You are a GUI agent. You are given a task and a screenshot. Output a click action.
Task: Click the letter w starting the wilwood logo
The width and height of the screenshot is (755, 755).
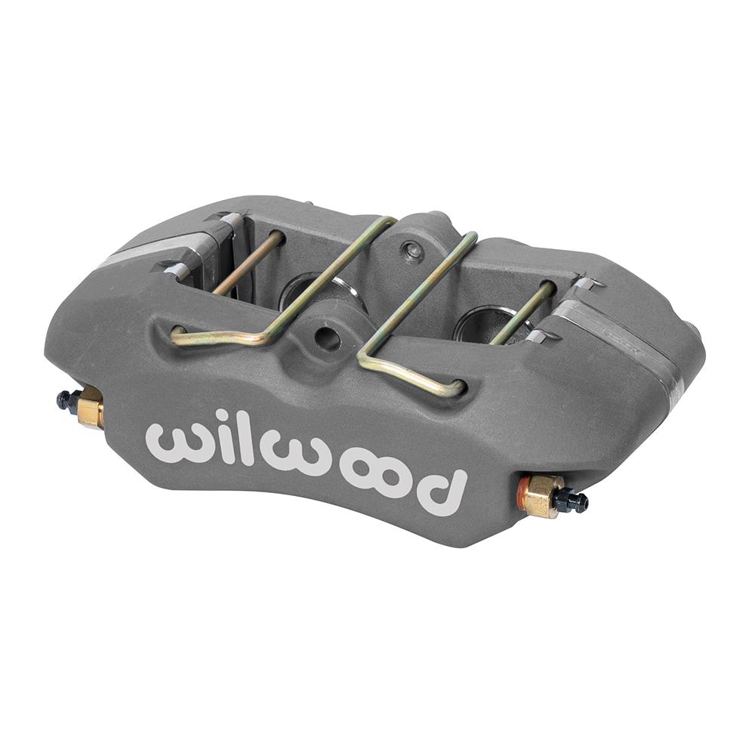point(176,440)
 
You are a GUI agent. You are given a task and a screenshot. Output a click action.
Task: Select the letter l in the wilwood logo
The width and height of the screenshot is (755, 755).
point(249,441)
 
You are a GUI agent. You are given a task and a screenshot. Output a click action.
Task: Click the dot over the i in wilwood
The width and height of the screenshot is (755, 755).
point(222,417)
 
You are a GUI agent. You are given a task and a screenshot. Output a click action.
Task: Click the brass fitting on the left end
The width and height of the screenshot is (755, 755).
point(90,408)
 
